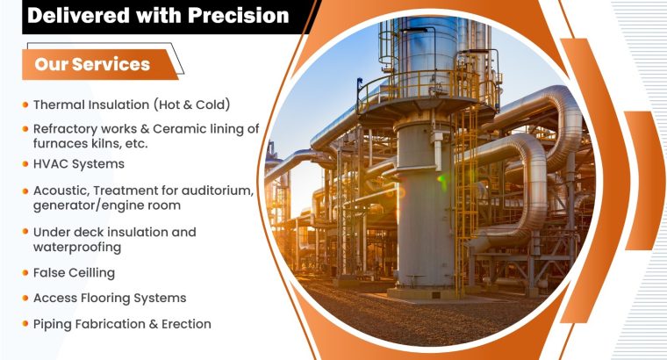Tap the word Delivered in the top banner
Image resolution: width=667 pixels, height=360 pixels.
click(75, 15)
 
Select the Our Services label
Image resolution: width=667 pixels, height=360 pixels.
click(92, 64)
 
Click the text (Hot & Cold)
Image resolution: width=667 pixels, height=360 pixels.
click(191, 104)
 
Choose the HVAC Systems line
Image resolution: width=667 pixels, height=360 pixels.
click(79, 163)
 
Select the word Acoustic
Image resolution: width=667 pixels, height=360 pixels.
click(62, 190)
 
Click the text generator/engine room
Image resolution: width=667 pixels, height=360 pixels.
click(107, 205)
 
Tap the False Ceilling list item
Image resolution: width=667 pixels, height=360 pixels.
click(74, 273)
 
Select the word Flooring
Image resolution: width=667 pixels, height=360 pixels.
click(108, 299)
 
